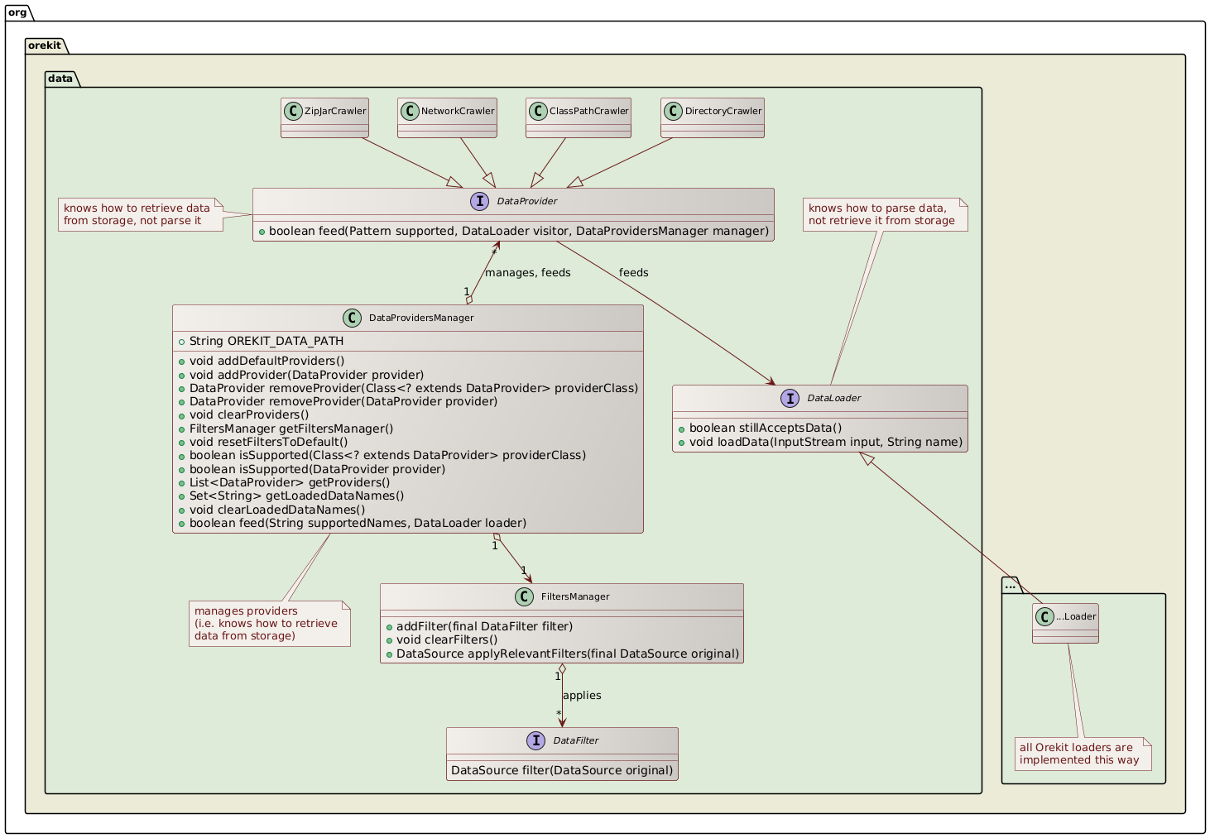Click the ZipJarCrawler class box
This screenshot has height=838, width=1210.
tap(324, 117)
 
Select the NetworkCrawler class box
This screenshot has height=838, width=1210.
tap(447, 117)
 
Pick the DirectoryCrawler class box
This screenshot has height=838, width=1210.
tap(713, 117)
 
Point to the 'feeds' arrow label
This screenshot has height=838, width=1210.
tap(633, 273)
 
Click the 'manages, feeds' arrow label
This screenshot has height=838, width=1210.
tap(527, 273)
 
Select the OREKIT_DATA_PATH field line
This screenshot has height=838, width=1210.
tap(266, 341)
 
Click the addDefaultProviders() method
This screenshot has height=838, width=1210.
tap(266, 362)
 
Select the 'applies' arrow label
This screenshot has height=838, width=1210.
tap(582, 695)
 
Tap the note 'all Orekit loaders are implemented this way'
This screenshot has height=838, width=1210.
tap(1083, 754)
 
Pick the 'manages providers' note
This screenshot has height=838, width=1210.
tap(269, 624)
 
